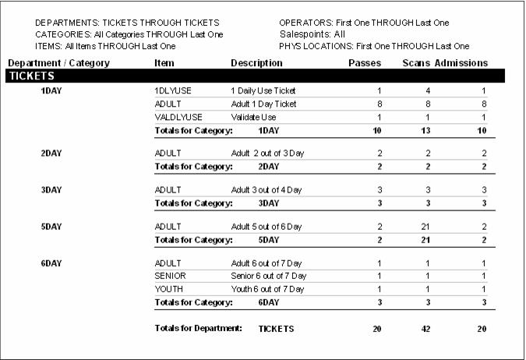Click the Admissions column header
[x=461, y=63]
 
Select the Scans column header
[x=416, y=63]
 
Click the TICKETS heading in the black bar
[x=31, y=76]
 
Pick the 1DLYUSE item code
[x=173, y=91]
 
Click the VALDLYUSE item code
[x=176, y=117]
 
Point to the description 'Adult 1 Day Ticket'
[x=264, y=104]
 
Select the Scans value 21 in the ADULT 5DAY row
[x=425, y=227]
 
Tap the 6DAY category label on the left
[x=51, y=263]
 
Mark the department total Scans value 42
[x=425, y=330]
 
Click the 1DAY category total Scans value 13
[x=425, y=130]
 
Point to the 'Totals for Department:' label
[x=199, y=329]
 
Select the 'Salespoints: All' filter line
[x=312, y=34]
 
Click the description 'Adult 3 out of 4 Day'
[x=267, y=190]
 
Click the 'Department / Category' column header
[x=59, y=63]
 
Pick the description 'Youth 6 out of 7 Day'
[x=268, y=289]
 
